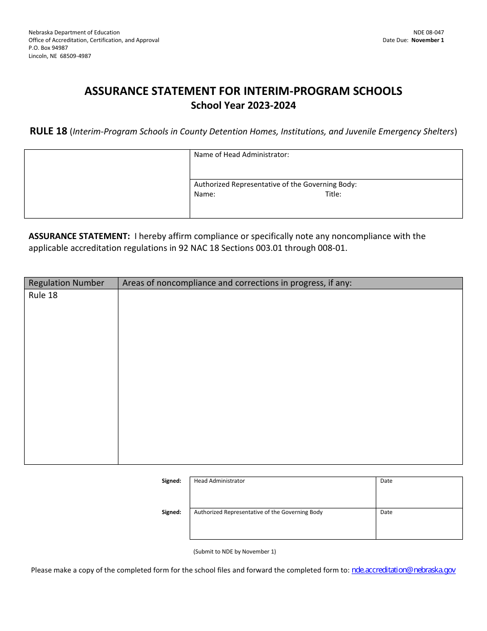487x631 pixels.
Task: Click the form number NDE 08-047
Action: click(x=429, y=32)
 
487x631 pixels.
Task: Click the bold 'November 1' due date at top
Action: click(x=428, y=40)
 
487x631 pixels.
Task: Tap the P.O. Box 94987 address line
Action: click(x=48, y=48)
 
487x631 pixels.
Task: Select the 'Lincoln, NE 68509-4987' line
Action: click(x=59, y=56)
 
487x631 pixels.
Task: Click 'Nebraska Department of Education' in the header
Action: click(x=74, y=32)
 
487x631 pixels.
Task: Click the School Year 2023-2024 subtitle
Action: click(x=243, y=106)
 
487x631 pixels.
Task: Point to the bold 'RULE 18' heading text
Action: click(x=48, y=131)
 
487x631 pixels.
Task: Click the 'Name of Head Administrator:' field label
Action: click(x=241, y=154)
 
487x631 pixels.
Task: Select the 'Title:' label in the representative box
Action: click(x=333, y=194)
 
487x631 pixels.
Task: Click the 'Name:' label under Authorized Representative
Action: click(x=205, y=194)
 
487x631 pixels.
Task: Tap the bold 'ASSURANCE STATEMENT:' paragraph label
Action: click(x=79, y=236)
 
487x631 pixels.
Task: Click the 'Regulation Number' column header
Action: click(x=66, y=283)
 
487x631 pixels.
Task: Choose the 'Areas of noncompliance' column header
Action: click(x=237, y=283)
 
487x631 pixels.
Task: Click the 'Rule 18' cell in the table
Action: click(x=43, y=295)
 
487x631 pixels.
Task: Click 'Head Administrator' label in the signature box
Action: click(x=219, y=481)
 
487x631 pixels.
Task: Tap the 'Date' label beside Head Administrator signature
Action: click(x=386, y=481)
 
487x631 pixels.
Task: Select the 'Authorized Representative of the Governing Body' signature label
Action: click(x=258, y=512)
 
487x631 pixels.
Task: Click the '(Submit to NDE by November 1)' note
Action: click(x=234, y=551)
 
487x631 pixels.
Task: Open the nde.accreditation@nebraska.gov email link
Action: click(x=403, y=569)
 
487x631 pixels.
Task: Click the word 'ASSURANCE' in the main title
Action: click(x=114, y=91)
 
